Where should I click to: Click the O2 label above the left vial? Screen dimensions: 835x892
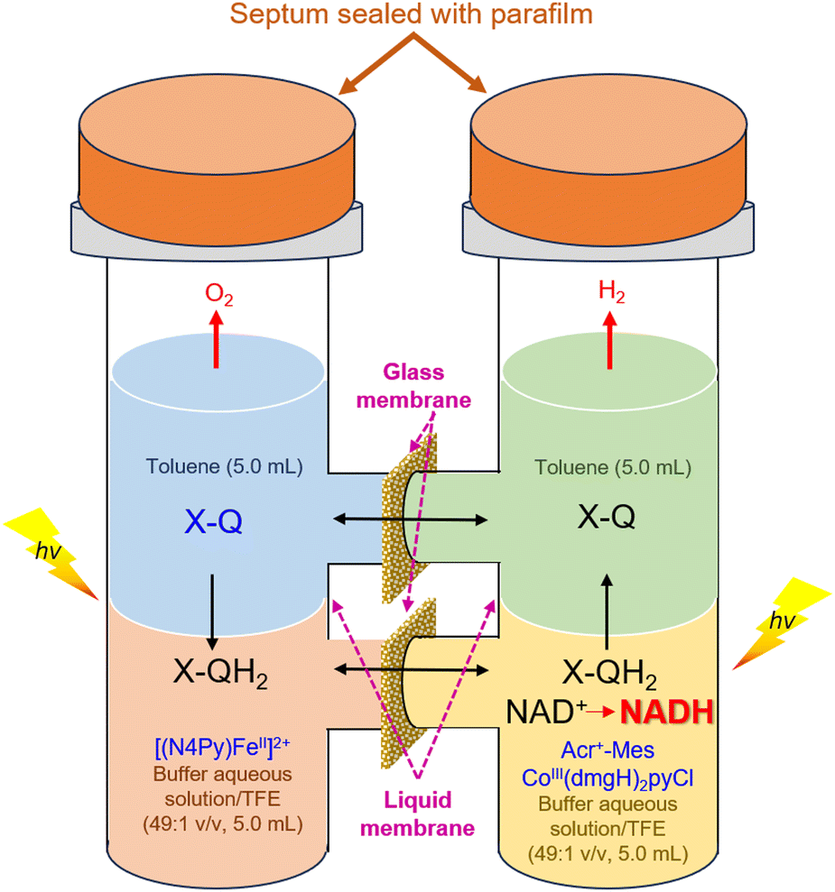[219, 294]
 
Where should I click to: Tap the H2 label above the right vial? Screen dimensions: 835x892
[612, 292]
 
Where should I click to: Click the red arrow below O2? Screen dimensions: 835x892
[216, 339]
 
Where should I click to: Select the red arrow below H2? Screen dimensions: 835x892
[609, 340]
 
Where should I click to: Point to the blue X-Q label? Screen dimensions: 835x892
[213, 520]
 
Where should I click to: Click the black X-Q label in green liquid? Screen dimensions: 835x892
[607, 517]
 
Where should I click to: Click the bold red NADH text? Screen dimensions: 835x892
[666, 711]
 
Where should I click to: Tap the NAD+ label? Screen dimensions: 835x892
[546, 711]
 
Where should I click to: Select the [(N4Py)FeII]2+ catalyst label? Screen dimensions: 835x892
[223, 747]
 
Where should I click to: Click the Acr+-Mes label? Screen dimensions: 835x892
[608, 750]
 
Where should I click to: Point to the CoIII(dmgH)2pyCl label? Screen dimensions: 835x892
[608, 778]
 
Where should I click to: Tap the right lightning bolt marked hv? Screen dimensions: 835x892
[782, 623]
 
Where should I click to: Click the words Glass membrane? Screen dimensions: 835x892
[413, 386]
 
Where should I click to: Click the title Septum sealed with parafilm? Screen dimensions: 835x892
[411, 14]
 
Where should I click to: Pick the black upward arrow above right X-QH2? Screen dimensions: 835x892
[607, 612]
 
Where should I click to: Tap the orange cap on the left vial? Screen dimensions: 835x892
[217, 161]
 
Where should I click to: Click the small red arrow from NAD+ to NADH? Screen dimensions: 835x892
[601, 711]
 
